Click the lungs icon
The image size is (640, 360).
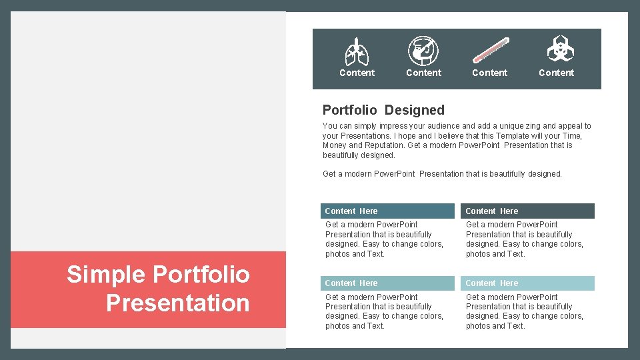[x=357, y=51]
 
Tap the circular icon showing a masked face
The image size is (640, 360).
[x=423, y=50]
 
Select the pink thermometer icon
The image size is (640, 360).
[x=490, y=51]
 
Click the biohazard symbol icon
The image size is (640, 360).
[x=557, y=49]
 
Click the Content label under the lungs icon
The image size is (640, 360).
[x=357, y=73]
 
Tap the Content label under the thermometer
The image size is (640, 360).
[x=490, y=73]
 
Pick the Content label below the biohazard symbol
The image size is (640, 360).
[x=557, y=73]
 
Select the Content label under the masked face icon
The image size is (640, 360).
[x=423, y=73]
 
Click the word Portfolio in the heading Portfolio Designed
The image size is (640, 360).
[x=349, y=110]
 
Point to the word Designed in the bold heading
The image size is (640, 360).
[x=415, y=110]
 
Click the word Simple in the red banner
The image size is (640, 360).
[x=106, y=274]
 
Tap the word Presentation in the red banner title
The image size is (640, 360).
[x=177, y=303]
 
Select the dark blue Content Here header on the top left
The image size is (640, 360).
[x=387, y=211]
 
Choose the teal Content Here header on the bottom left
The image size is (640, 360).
[x=387, y=283]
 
